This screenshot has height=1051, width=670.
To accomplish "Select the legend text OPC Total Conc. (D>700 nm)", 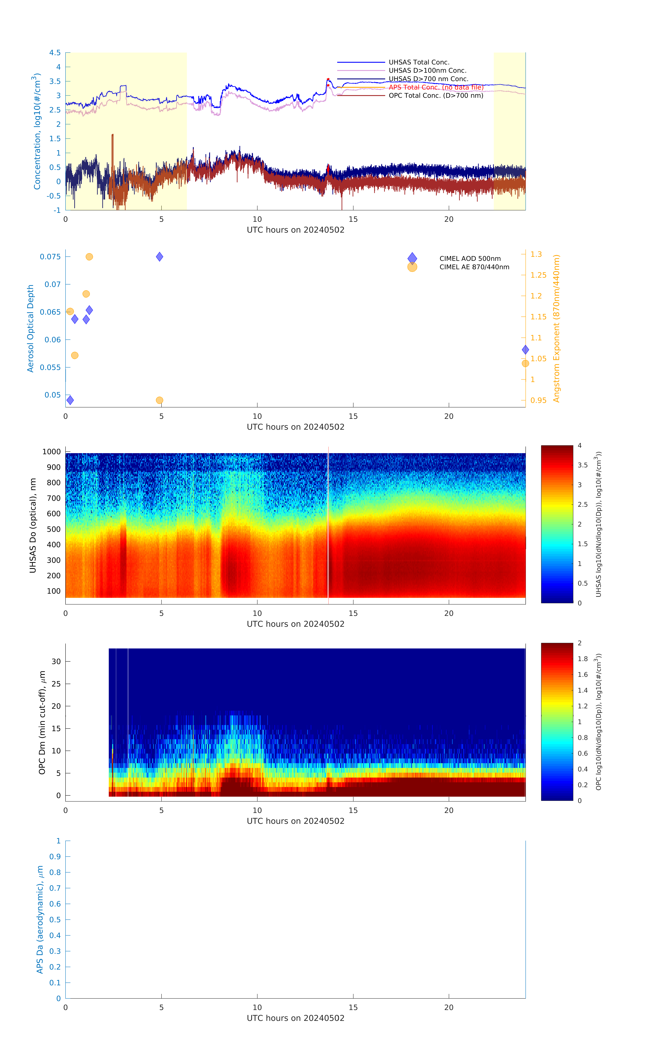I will pos(436,96).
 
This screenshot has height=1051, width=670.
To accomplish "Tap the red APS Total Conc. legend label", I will pos(436,87).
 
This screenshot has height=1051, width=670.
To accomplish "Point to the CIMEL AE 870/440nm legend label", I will pos(474,267).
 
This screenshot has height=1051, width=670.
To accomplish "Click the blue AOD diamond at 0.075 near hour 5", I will pos(160,257).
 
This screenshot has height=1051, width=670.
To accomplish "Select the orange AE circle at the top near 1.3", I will pos(89,257).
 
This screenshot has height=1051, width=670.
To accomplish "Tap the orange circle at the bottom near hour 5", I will pos(160,400).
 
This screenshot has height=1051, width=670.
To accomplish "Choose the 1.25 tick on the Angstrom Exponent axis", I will pos(538,275).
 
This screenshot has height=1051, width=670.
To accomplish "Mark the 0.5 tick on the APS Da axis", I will pos(55,920).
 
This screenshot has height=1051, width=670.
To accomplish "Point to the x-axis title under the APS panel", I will pos(296,1018).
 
